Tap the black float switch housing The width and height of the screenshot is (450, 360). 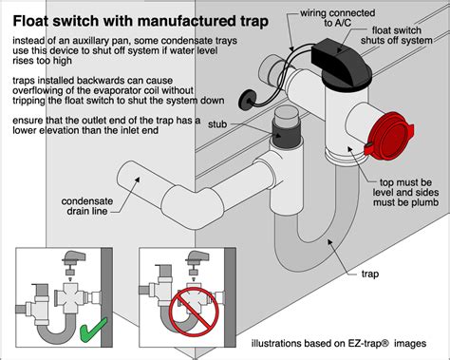coord(342,63)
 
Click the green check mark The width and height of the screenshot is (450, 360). coord(92,330)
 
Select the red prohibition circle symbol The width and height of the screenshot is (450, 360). coord(194,313)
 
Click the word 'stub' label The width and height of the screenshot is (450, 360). coord(217,124)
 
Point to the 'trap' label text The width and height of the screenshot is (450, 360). coord(370,274)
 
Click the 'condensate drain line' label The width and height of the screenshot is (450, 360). coord(87,206)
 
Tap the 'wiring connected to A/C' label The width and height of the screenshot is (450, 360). coord(337,18)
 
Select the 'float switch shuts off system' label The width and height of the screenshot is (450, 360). coord(396,35)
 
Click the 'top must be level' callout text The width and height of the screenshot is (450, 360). coord(405,192)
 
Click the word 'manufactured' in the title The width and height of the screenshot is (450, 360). coord(186,21)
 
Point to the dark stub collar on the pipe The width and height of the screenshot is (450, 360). coord(286,135)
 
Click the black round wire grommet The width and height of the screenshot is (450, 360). coord(247,101)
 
